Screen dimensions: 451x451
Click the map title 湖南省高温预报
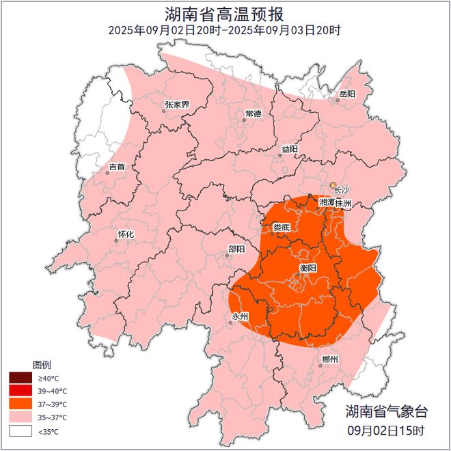[x=225, y=14]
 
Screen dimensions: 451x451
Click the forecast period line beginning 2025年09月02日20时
[x=225, y=30]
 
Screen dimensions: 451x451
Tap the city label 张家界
[x=177, y=105]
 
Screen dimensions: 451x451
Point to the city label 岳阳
[x=347, y=94]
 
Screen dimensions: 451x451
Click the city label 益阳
[x=290, y=148]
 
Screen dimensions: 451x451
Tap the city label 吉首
[x=117, y=166]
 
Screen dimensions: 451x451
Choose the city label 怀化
[x=126, y=234]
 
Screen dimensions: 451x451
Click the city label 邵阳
[x=236, y=249]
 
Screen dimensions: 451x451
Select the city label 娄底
[x=282, y=227]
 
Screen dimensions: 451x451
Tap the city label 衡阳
[x=309, y=267]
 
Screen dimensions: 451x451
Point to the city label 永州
[x=241, y=316]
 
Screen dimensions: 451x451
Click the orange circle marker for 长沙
[x=333, y=185]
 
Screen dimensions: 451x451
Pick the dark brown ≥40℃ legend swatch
[x=20, y=378]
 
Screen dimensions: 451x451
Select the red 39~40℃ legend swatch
[x=20, y=391]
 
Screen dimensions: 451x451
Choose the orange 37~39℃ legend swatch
[x=20, y=404]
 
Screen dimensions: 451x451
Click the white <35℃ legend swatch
[x=20, y=430]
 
